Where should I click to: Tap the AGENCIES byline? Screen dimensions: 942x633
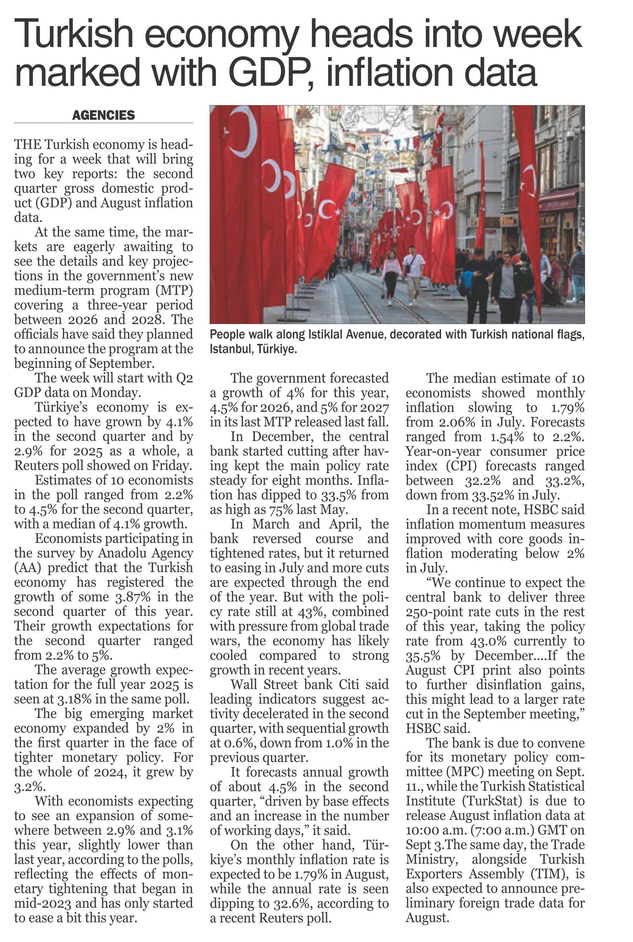[103, 116]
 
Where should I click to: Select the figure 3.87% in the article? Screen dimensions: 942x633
[135, 597]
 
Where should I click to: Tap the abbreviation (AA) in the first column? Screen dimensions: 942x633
[27, 568]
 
